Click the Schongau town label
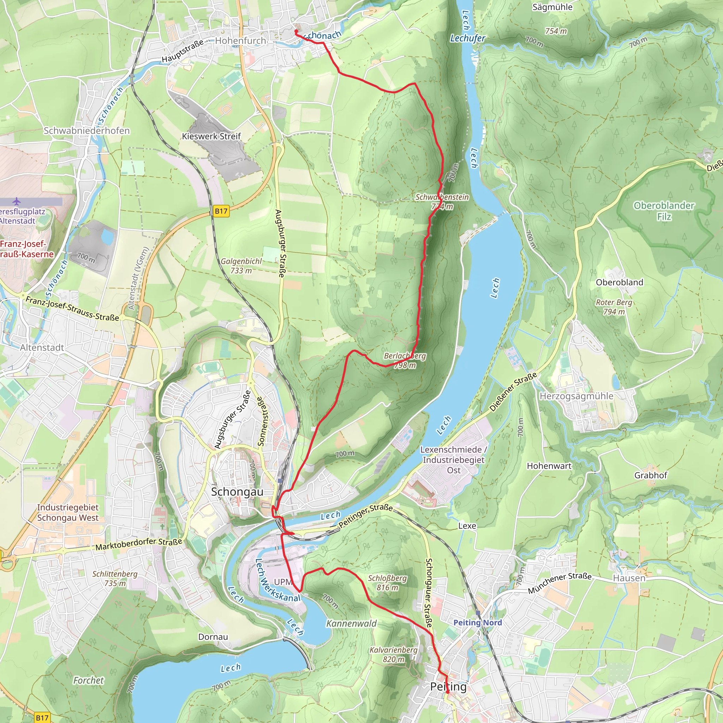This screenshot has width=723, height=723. point(237,492)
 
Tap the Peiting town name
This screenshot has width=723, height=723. point(448,686)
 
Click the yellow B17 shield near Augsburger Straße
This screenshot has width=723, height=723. point(221,211)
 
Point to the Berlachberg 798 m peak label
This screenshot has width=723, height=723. point(405,360)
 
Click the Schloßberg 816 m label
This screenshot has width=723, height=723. point(387,582)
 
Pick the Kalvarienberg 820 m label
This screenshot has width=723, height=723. point(393,655)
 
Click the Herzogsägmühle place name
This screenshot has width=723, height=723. point(576,396)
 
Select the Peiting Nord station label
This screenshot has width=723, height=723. point(477,622)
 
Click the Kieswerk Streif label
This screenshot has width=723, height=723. point(211,136)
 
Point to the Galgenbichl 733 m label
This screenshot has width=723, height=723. point(241,266)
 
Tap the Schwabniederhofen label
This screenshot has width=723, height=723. point(86,131)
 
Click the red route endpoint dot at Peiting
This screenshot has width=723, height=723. point(447,692)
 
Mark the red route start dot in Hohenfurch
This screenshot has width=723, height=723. point(296,31)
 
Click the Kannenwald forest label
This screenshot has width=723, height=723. point(351,623)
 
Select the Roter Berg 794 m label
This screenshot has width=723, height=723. point(614,306)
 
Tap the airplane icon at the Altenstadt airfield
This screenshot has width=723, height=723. point(16,202)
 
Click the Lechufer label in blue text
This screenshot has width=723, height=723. point(467,38)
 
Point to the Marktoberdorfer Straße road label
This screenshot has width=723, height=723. point(138,544)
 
